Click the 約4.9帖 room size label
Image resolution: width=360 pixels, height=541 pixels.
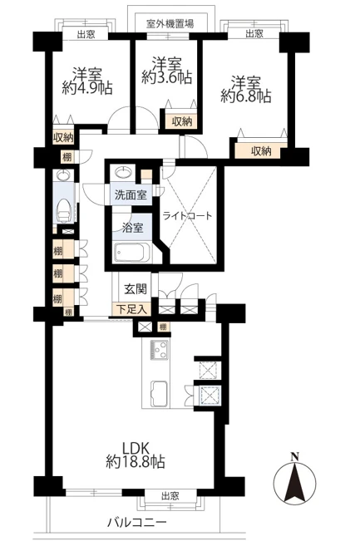[87, 88]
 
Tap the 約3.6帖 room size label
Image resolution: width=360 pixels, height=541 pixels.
[167, 78]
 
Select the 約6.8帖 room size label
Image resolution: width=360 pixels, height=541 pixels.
[246, 96]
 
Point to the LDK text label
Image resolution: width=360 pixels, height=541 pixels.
[136, 448]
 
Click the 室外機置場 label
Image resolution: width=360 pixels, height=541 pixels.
[170, 24]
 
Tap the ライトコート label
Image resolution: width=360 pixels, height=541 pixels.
[187, 216]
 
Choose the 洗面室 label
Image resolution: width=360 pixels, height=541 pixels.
[131, 195]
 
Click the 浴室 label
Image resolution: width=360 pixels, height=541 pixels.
[132, 228]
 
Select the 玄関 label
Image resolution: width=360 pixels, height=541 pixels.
[136, 289]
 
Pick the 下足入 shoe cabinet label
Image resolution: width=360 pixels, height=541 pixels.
[131, 309]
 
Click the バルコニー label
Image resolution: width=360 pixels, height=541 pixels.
[136, 522]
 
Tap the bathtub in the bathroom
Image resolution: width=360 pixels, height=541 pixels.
[132, 252]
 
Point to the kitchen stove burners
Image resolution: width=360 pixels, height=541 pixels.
[159, 350]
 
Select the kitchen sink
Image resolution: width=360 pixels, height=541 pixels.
[160, 394]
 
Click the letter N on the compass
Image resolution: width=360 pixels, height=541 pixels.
[294, 458]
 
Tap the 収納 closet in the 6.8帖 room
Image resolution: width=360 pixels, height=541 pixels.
[261, 150]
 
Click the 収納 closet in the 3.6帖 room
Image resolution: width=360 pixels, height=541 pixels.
[181, 121]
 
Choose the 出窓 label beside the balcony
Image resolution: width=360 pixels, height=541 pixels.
[170, 496]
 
